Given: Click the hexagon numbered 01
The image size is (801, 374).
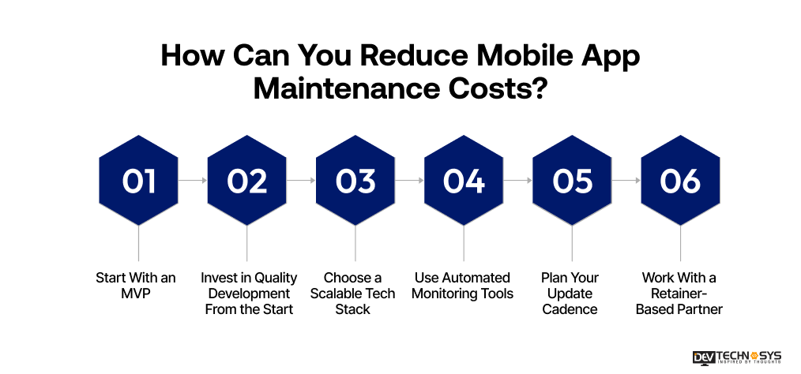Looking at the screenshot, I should tap(139, 181).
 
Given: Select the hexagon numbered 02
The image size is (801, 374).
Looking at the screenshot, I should tap(247, 181).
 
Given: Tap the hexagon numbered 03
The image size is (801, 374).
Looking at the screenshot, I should tap(355, 181).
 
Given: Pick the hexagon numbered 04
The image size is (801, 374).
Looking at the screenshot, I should tap(464, 181).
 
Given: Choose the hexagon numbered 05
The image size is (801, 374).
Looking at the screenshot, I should tap(572, 181).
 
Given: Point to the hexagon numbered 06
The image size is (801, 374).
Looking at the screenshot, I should tap(680, 181).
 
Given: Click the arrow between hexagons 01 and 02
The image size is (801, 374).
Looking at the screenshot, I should tap(193, 181).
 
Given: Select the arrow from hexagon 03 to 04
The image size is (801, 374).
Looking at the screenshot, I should tap(409, 181).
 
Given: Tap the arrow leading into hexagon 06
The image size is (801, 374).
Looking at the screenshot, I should tap(626, 181).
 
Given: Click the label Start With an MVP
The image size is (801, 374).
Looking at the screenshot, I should tap(136, 286).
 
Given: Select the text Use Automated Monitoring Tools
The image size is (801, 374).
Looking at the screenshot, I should tap(463, 286).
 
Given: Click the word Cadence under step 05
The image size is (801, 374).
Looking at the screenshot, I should tap(570, 309).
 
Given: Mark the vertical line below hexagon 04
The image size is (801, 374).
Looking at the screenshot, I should tap(464, 243).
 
